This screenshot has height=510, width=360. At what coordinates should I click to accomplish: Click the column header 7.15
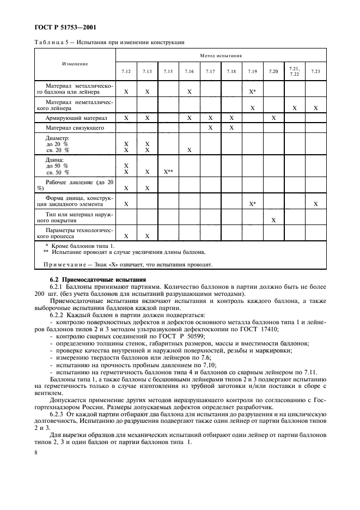168,71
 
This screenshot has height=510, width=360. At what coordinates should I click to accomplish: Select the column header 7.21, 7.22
295,71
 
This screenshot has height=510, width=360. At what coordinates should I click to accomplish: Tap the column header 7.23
315,71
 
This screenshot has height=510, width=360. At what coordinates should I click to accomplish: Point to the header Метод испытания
220,56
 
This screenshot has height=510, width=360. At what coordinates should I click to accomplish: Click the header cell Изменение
75,64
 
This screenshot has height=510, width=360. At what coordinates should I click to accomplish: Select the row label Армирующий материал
76,118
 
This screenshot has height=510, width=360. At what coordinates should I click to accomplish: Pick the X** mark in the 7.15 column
168,172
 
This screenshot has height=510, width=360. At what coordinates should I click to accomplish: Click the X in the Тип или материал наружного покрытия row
273,220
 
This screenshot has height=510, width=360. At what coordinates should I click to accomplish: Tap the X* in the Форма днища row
252,204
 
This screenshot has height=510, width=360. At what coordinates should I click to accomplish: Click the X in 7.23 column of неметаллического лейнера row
315,108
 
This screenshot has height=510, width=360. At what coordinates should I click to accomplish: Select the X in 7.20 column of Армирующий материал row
273,118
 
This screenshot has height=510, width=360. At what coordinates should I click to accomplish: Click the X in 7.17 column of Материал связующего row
210,127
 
